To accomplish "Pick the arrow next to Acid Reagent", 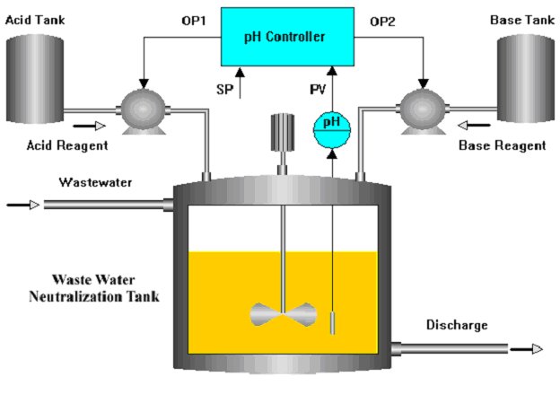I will [81, 127].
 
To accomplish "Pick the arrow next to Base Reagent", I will [477, 127].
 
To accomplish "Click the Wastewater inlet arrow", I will [23, 206].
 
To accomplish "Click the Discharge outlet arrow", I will [528, 349].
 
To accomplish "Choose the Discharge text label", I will [457, 324].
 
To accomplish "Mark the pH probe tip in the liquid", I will [331, 322].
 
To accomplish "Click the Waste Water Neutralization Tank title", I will [95, 287].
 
